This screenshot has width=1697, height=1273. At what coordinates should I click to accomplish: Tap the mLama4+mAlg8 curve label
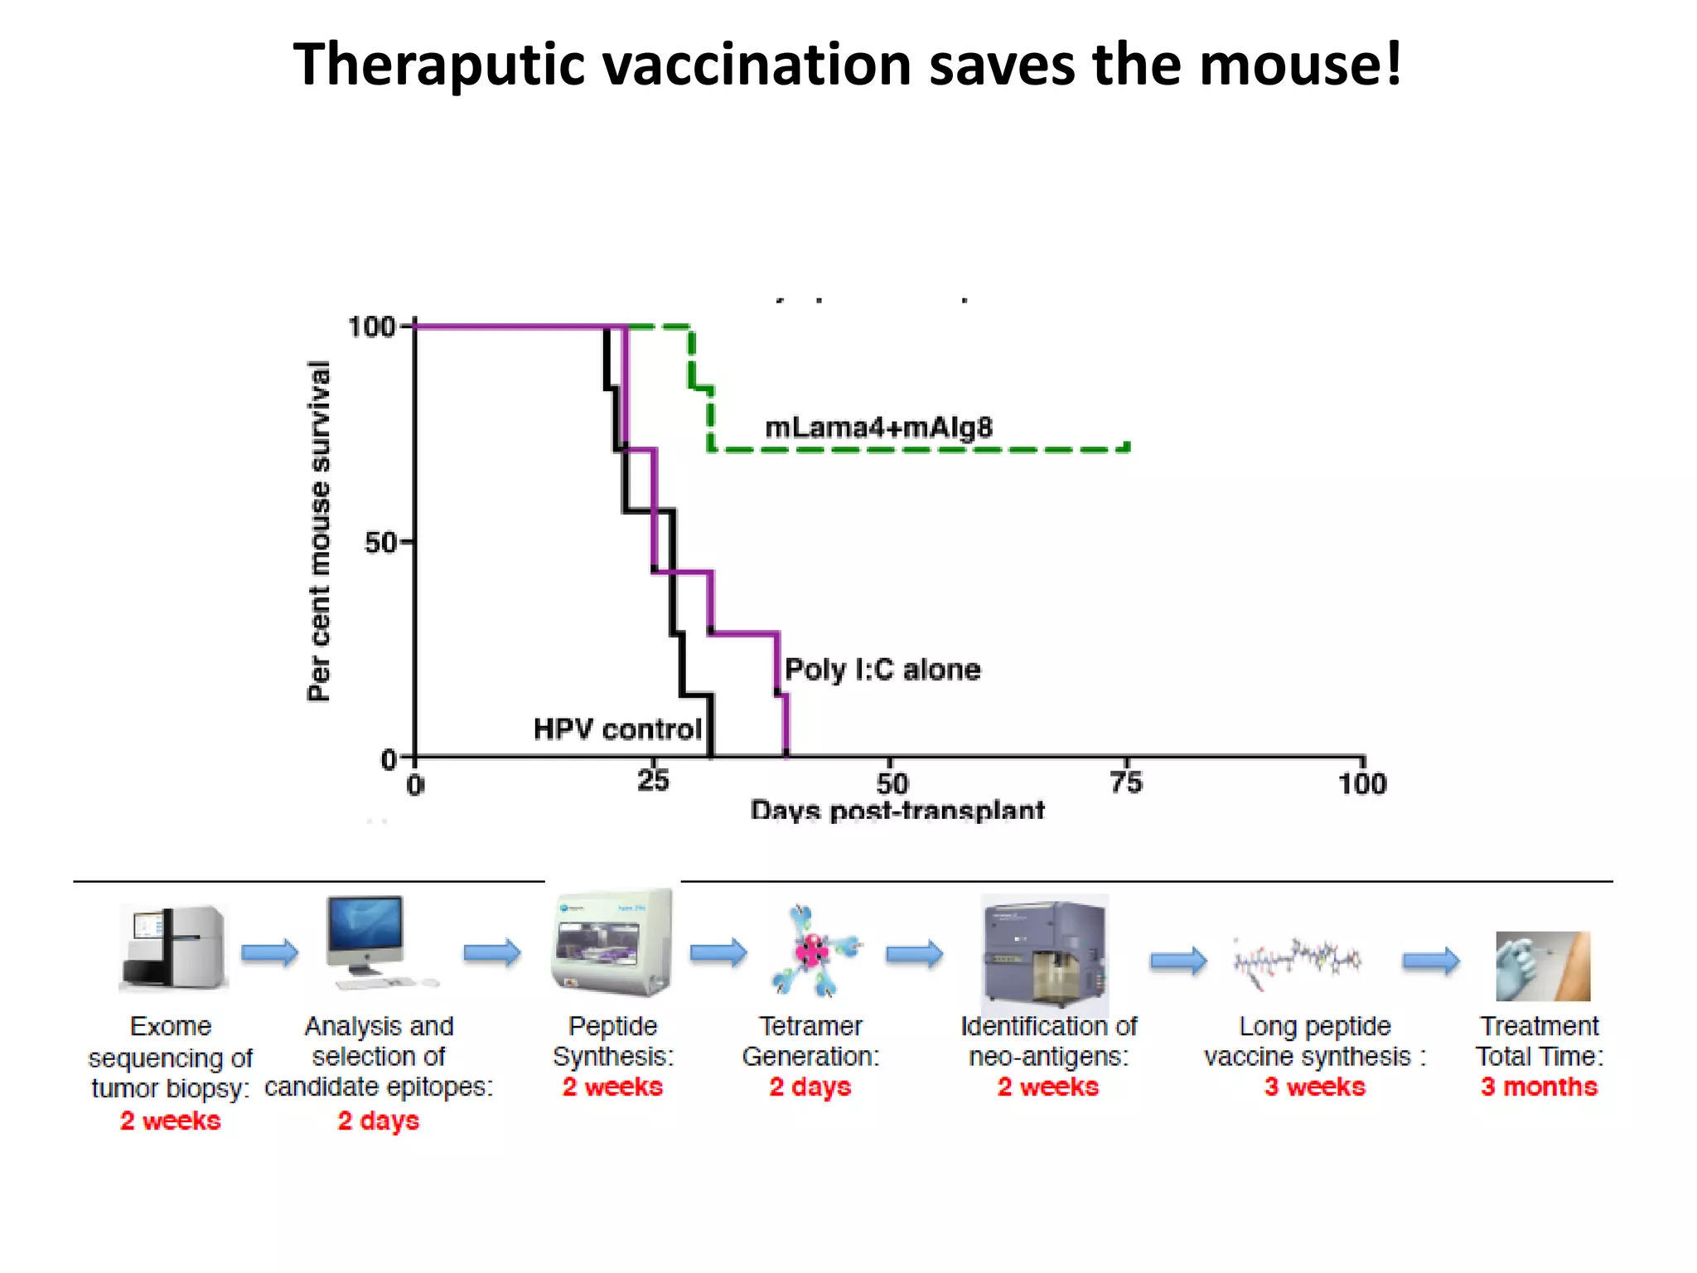tap(878, 428)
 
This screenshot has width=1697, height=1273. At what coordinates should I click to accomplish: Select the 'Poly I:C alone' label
tap(882, 669)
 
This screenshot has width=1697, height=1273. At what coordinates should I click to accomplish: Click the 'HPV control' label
tap(617, 729)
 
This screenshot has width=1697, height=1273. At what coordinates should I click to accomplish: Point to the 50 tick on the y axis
tap(380, 544)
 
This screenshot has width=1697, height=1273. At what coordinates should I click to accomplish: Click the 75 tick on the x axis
tap(1126, 782)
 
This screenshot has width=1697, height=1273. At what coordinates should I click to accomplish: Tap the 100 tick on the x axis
tap(1362, 783)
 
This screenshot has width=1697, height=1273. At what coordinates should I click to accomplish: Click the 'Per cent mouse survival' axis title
tap(319, 531)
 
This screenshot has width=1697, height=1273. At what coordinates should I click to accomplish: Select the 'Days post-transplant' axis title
tap(897, 810)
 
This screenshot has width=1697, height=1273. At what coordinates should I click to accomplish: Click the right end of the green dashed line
tap(1127, 448)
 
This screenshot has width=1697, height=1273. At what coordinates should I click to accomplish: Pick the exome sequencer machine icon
tap(173, 948)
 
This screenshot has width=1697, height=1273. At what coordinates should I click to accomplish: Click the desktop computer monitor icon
tap(366, 935)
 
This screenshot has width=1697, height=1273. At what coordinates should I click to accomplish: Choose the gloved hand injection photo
tap(1542, 966)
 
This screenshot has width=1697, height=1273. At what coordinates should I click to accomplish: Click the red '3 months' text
tap(1539, 1087)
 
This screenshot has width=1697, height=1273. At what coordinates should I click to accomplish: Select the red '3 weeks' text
tap(1315, 1087)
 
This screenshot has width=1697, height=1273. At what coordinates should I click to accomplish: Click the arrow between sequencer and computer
tap(269, 953)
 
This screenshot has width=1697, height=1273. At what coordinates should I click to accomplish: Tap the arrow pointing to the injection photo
tap(1431, 961)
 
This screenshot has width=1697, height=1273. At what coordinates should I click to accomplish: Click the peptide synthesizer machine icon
tap(612, 943)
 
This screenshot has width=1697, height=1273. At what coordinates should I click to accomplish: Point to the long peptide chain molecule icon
tap(1297, 961)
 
